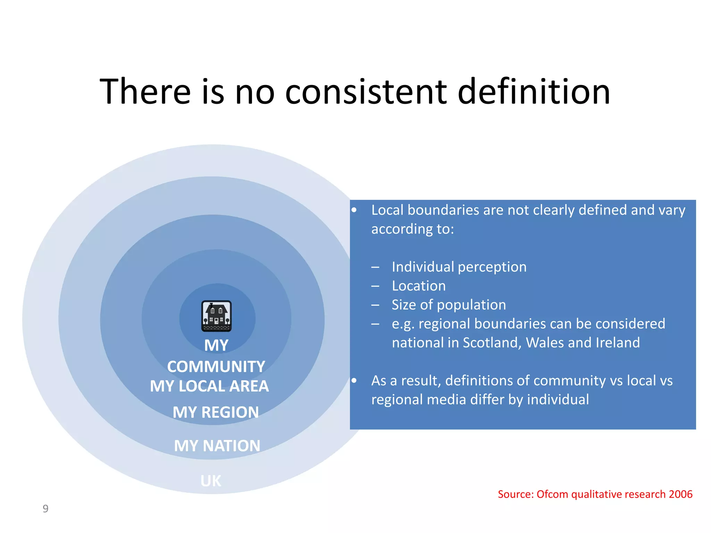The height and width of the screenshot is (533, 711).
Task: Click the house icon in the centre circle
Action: (216, 316)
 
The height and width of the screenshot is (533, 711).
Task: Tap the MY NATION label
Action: (217, 446)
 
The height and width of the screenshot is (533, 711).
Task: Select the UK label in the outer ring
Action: (211, 481)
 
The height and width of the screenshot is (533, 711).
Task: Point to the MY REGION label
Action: (216, 413)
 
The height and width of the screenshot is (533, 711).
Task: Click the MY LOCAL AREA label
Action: (209, 386)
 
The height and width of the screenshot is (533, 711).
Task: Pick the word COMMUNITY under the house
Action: (216, 367)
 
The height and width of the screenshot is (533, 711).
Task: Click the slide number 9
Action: (45, 509)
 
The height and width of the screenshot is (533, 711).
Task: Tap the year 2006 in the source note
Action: (680, 494)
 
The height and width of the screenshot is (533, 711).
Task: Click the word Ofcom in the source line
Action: (552, 494)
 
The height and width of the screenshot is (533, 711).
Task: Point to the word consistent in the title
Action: (366, 92)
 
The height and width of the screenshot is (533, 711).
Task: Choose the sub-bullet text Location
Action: (419, 286)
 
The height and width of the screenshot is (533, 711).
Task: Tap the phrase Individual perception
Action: (459, 267)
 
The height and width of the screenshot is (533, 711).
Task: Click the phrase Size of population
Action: (449, 305)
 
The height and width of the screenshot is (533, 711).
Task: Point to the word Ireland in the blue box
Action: (618, 343)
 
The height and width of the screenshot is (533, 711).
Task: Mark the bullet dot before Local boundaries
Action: (354, 210)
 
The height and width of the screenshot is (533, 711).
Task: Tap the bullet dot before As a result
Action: (354, 381)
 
